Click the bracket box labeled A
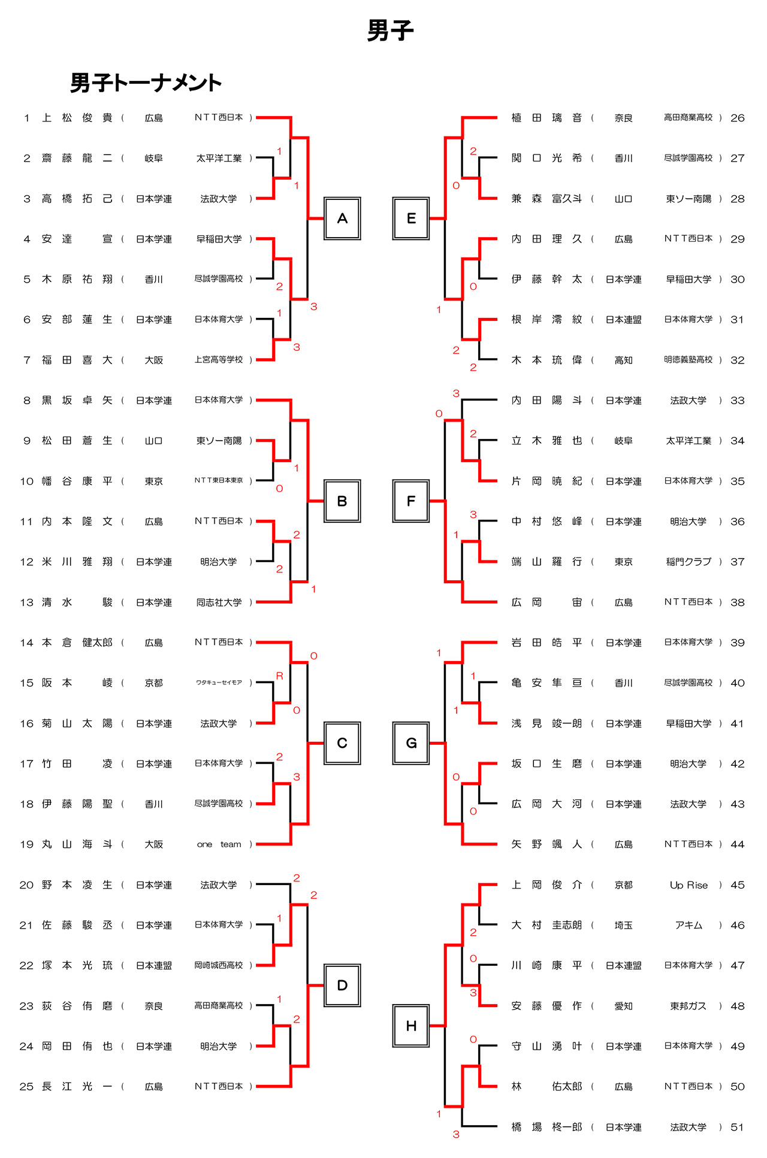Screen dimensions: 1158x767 pos(342,219)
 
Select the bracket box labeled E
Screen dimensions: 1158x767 pos(411,219)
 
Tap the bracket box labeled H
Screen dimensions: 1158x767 pos(411,1026)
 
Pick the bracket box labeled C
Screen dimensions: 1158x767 pos(342,743)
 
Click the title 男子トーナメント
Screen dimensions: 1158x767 pos(146,83)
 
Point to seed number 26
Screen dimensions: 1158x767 pos(737,118)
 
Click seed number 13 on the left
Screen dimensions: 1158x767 pos(26,602)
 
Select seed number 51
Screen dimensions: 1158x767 pos(737,1127)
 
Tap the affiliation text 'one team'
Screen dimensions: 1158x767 pos(219,844)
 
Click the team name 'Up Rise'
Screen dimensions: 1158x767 pos(689,885)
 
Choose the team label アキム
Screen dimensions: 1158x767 pos(689,925)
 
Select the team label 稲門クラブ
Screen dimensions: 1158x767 pos(689,562)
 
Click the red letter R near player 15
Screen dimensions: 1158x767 pos(279,676)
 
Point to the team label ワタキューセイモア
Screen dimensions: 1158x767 pos(219,683)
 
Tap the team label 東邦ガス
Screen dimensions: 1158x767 pos(689,1006)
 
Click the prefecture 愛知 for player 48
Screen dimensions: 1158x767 pos(623,1006)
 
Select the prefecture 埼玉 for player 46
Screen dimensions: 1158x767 pos(623,925)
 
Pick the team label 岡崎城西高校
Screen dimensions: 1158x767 pos(219,965)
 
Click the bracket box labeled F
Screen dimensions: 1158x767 pos(411,501)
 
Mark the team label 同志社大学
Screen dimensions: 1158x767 pos(219,602)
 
